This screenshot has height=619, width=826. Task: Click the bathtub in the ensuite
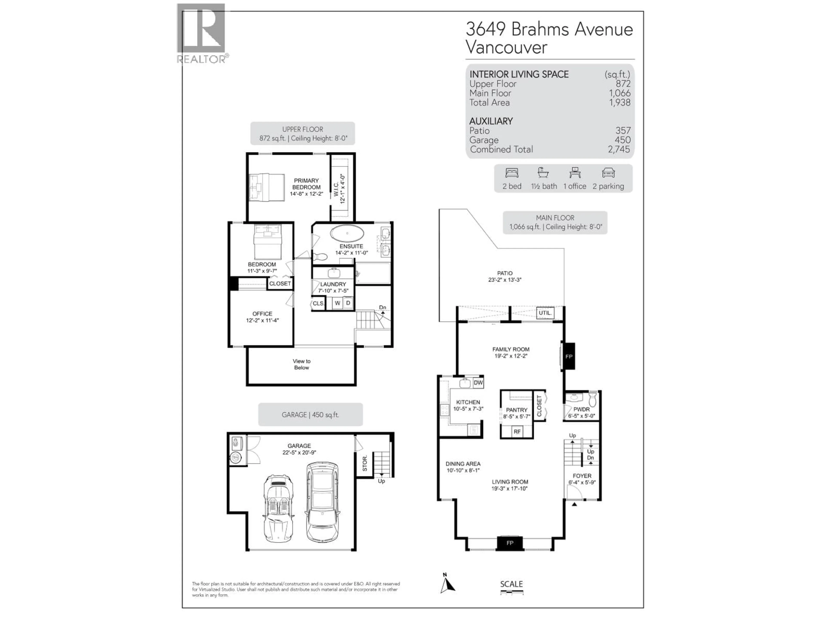point(347,233)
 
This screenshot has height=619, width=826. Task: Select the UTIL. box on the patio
point(545,313)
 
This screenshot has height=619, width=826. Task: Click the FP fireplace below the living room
point(510,543)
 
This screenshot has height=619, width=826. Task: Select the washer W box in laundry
point(337,303)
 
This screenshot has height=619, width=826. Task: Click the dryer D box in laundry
point(348,303)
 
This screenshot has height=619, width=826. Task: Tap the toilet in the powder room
point(592,399)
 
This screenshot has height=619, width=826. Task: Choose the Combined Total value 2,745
point(619,149)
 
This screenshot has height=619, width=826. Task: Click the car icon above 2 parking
point(608,173)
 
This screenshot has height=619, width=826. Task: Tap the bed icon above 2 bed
point(512,173)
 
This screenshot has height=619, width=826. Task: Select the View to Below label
point(301,364)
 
